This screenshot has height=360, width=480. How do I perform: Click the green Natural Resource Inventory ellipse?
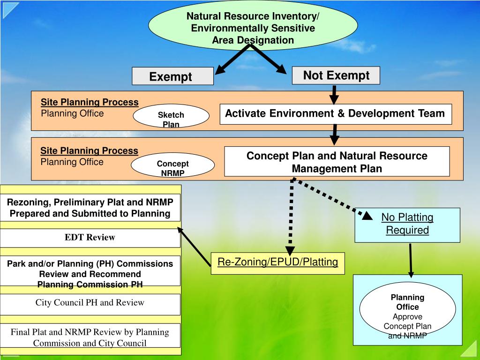[253, 25]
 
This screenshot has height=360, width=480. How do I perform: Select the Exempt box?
[172, 76]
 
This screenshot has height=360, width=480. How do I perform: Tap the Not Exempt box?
[336, 75]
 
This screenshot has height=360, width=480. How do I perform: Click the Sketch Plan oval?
[171, 116]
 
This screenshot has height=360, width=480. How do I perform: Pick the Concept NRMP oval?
[172, 165]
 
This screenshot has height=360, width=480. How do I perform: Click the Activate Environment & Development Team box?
[335, 114]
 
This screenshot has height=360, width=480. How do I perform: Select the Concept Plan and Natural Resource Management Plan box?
[337, 162]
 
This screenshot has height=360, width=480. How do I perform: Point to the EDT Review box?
[90, 238]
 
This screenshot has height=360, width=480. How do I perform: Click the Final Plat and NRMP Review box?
[90, 337]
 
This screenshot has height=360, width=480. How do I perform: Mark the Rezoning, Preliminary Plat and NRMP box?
[90, 208]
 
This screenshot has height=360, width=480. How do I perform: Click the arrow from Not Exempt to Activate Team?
[334, 94]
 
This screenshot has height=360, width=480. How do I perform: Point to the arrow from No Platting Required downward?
[410, 260]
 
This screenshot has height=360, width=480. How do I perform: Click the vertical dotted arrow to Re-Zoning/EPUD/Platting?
[291, 216]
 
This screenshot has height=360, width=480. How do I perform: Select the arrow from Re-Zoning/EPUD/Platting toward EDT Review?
[194, 247]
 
